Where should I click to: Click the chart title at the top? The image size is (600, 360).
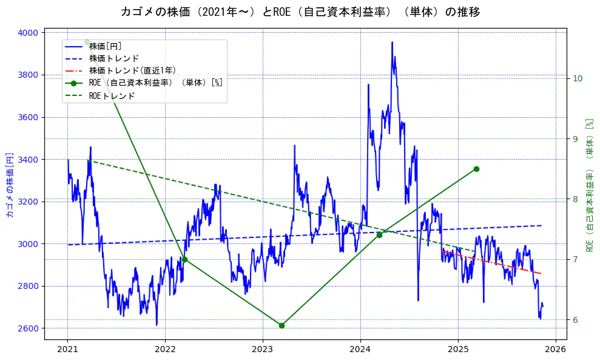click(300, 12)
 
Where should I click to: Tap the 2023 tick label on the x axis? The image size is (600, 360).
click(262, 349)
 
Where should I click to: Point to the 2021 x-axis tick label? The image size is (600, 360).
click(67, 349)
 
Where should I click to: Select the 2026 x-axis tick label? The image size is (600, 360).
click(555, 349)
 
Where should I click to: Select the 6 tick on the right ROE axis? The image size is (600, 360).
click(575, 320)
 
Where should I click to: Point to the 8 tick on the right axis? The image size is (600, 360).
click(575, 199)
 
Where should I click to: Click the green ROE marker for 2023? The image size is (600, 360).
click(281, 325)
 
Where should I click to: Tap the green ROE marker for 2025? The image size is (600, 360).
click(476, 169)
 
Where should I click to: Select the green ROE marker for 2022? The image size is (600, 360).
click(184, 259)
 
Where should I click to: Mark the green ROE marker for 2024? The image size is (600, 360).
click(379, 235)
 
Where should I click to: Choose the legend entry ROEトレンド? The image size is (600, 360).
click(112, 96)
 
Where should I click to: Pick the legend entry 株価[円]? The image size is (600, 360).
click(106, 46)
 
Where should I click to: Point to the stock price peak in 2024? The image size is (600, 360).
click(392, 42)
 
